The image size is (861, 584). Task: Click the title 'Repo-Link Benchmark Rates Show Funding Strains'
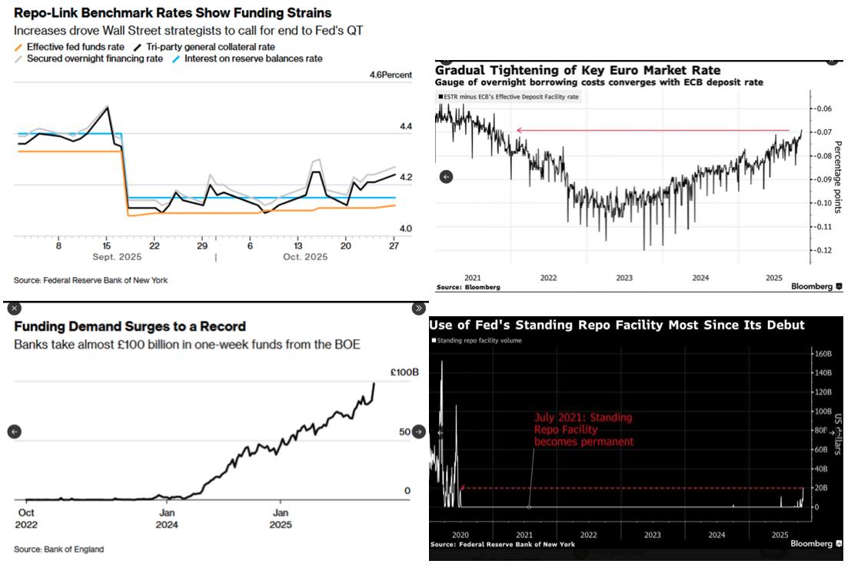(173, 13)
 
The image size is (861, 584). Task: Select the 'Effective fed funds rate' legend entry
(75, 46)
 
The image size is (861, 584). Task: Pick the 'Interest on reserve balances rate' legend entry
(250, 58)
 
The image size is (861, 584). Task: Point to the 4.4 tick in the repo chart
(404, 126)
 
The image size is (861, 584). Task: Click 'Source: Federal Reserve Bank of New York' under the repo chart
(91, 280)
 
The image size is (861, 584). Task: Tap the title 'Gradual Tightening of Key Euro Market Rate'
(565, 69)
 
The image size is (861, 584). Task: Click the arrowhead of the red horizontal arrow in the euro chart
(519, 131)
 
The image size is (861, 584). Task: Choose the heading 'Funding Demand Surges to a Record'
(130, 326)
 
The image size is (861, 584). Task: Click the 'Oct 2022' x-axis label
(27, 519)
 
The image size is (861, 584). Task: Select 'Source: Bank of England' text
(58, 549)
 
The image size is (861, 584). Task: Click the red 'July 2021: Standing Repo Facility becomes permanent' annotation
(583, 429)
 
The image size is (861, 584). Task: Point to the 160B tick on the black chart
(823, 354)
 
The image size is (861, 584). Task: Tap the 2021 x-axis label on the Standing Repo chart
(524, 534)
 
